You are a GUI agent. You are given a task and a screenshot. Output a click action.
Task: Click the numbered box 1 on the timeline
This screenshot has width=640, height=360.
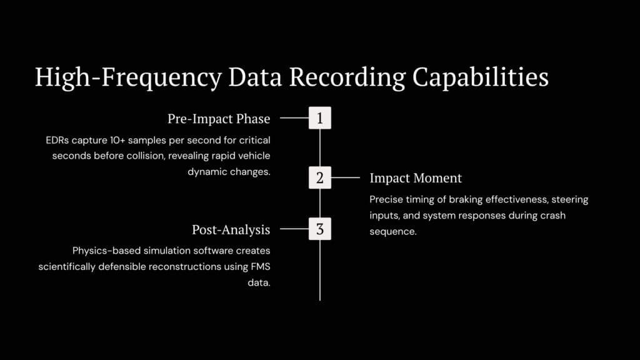point(320,118)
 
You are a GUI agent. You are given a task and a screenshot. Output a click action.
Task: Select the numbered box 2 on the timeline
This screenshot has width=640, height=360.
point(320,177)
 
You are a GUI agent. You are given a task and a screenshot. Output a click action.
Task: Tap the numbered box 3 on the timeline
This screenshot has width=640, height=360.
point(320,229)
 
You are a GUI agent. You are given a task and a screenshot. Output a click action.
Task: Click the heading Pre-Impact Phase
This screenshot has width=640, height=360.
point(219,119)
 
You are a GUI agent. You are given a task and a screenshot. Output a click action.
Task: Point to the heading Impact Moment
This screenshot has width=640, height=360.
point(416,178)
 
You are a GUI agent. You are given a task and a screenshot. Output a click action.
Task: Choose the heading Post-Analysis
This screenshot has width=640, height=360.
point(231,230)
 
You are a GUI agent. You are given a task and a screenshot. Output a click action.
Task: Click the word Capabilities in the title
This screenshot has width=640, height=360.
point(481,77)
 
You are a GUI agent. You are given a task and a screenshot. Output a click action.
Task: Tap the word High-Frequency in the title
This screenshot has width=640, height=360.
point(129,77)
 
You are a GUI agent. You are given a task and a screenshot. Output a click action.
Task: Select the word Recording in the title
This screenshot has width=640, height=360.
point(347,77)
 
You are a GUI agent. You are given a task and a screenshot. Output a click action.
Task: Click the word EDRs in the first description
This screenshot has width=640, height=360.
point(57,141)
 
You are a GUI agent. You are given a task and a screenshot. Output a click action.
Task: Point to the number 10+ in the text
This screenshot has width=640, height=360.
point(117,141)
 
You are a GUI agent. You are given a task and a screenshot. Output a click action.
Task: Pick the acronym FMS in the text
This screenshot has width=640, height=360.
point(261,266)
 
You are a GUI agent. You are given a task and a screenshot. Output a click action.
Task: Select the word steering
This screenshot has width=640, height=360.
point(570,199)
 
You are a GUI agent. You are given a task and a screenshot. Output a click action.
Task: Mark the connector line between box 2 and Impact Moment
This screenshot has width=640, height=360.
point(345,177)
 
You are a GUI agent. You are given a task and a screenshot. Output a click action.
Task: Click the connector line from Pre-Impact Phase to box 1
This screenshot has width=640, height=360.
point(294,118)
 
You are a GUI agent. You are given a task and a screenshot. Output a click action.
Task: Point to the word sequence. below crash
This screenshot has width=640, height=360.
point(393,231)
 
